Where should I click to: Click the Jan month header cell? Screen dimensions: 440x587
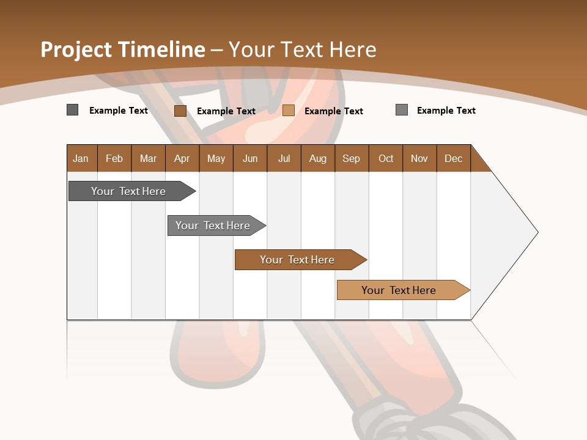[81, 158]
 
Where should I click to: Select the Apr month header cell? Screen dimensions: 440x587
[182, 158]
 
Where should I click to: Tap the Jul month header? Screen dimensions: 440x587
[284, 158]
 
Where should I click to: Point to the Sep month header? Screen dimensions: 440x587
[352, 158]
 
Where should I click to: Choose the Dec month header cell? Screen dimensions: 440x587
[454, 158]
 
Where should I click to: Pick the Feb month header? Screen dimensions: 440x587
[114, 158]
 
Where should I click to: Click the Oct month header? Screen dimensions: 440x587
[386, 158]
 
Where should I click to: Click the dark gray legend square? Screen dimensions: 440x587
[72, 110]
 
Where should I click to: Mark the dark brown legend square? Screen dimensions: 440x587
[180, 111]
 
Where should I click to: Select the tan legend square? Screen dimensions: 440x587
[289, 111]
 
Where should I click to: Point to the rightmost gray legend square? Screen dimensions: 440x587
[402, 110]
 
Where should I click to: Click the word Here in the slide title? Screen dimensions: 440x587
[351, 50]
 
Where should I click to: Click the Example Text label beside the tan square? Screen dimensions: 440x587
[334, 111]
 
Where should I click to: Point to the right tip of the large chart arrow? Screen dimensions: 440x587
[537, 232]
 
